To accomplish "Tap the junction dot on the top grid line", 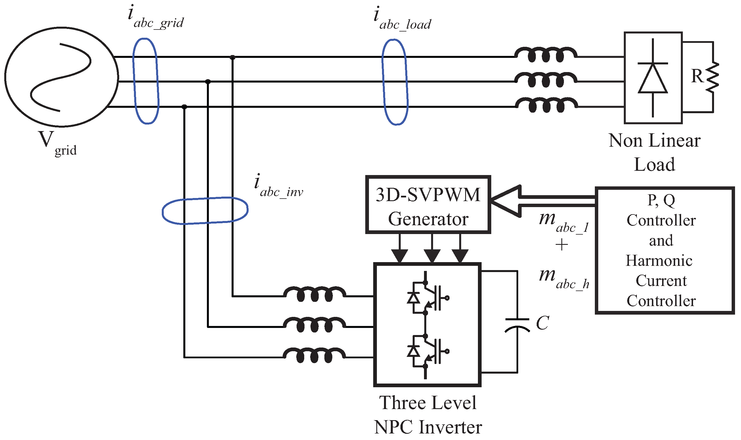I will coord(232,57).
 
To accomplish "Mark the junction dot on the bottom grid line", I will coord(184,107).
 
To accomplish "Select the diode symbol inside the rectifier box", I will coord(653,78).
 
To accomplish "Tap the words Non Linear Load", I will coord(654,152).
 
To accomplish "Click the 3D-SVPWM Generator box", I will coord(428,204).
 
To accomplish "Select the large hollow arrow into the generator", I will coord(510,201).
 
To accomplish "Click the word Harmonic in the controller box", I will coord(659,260).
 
